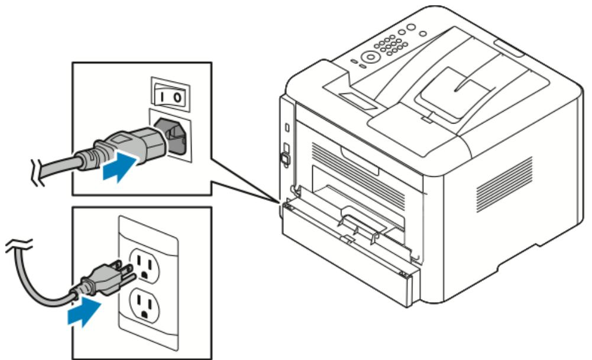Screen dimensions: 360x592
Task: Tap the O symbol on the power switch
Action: pos(177,95)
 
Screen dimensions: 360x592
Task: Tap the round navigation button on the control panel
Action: pos(371,57)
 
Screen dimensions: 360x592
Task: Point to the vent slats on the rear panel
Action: pos(355,171)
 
